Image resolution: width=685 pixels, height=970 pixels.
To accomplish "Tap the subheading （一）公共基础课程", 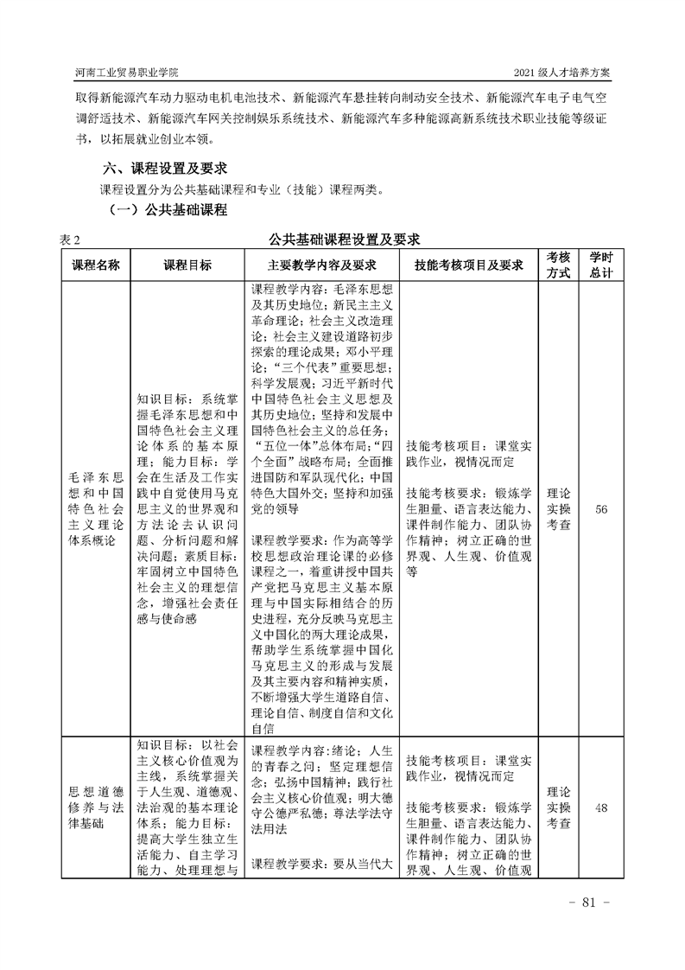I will pyautogui.click(x=166, y=210).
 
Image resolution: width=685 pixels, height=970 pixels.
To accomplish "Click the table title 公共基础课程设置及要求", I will pyautogui.click(x=344, y=239).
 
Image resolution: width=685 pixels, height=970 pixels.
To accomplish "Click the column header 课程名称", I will pyautogui.click(x=95, y=265).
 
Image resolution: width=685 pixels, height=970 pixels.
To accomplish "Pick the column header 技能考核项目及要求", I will pyautogui.click(x=470, y=265).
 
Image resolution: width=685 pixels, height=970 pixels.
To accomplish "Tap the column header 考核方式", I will pyautogui.click(x=559, y=265).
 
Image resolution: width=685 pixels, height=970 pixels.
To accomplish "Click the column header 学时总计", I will pyautogui.click(x=601, y=265).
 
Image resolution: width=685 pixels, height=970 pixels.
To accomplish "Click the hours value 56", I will pyautogui.click(x=601, y=510).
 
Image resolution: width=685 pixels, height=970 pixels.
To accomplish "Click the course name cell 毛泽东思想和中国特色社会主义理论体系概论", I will pyautogui.click(x=95, y=510).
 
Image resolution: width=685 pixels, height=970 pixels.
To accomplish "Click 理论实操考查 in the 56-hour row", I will pyautogui.click(x=559, y=510).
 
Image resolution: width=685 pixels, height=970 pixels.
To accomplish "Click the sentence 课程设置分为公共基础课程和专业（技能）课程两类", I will pyautogui.click(x=239, y=189).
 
